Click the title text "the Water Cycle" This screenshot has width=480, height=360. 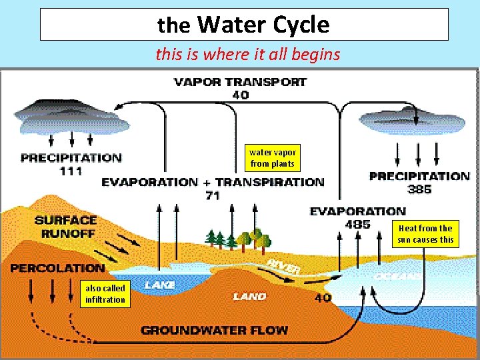coord(244,25)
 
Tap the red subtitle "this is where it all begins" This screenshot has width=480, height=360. coord(247,54)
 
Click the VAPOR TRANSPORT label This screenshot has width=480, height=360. coord(240,83)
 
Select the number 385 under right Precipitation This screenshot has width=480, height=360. coord(419,189)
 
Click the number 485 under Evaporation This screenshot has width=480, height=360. coord(358,224)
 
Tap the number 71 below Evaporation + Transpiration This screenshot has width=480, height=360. coord(213,195)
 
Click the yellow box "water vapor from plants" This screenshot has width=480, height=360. coord(272,158)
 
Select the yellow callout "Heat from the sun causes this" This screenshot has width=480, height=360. coord(425,234)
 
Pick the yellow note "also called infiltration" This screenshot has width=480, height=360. coord(105,294)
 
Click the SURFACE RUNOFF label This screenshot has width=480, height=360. coord(65,227)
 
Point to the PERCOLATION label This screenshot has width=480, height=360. coord(57,268)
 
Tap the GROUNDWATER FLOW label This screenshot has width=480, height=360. coord(214,330)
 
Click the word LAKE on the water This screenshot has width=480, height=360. coord(160,285)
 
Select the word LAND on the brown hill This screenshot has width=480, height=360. coord(250,296)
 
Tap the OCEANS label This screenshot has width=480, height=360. coord(397,275)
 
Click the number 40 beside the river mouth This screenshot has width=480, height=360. coord(323,298)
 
